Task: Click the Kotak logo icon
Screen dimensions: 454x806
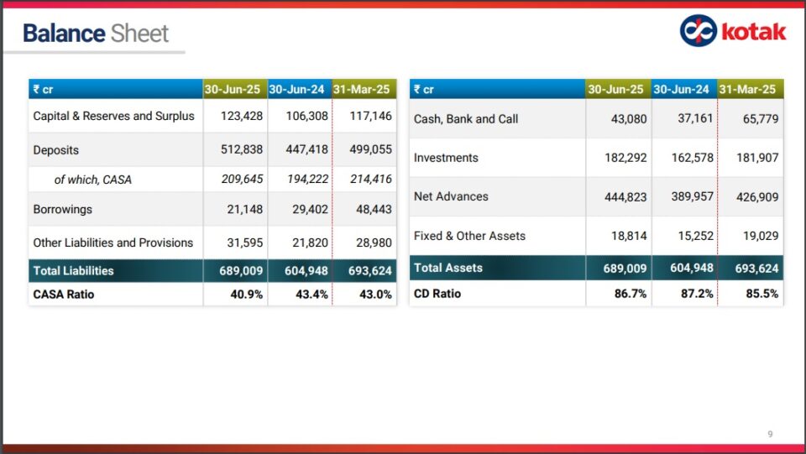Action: point(698,31)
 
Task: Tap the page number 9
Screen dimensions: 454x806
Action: point(770,434)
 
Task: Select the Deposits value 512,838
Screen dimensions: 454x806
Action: point(242,150)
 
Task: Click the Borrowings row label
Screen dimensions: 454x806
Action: point(62,209)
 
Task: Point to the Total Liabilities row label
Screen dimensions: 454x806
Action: point(73,271)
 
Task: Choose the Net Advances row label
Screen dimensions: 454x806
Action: point(450,196)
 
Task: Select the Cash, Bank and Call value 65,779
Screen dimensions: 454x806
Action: point(761,119)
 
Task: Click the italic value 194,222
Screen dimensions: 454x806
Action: point(306,180)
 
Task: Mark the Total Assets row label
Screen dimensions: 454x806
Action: point(448,268)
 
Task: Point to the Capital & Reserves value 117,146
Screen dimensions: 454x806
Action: point(370,116)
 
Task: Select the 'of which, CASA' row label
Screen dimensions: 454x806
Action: point(92,180)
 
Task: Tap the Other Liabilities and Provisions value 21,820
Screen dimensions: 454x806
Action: point(308,243)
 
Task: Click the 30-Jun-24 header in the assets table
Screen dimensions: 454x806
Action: point(682,90)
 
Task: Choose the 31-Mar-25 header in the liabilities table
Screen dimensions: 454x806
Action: point(362,90)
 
